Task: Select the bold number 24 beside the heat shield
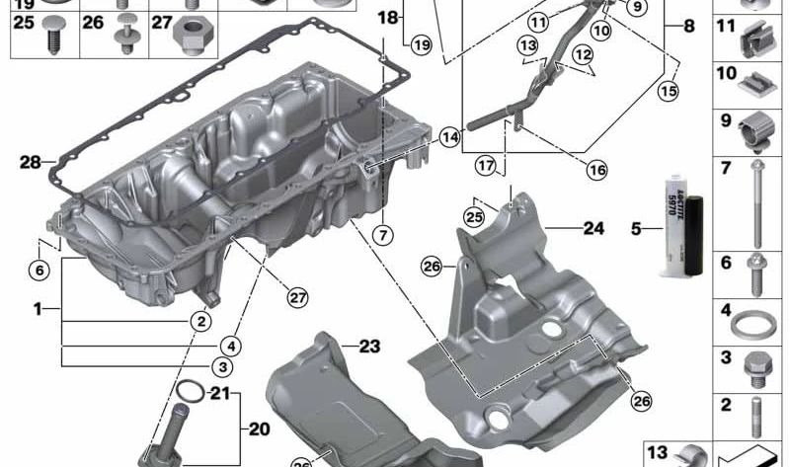pos(592,228)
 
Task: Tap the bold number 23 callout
pos(368,346)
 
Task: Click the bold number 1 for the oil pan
pos(38,309)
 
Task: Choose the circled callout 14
pos(450,139)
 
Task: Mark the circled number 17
pos(484,166)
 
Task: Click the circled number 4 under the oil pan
pos(230,346)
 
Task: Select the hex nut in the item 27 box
pos(190,37)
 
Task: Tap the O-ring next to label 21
pos(195,396)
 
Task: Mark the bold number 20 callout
pos(258,429)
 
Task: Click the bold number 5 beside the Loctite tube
pos(638,230)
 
